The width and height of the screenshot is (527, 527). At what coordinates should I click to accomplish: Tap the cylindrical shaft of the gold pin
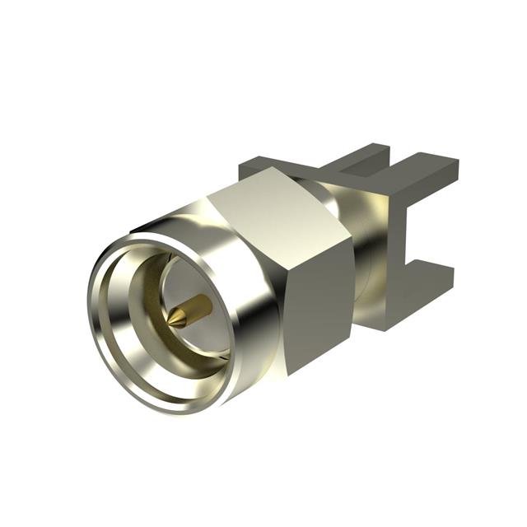[198, 307]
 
